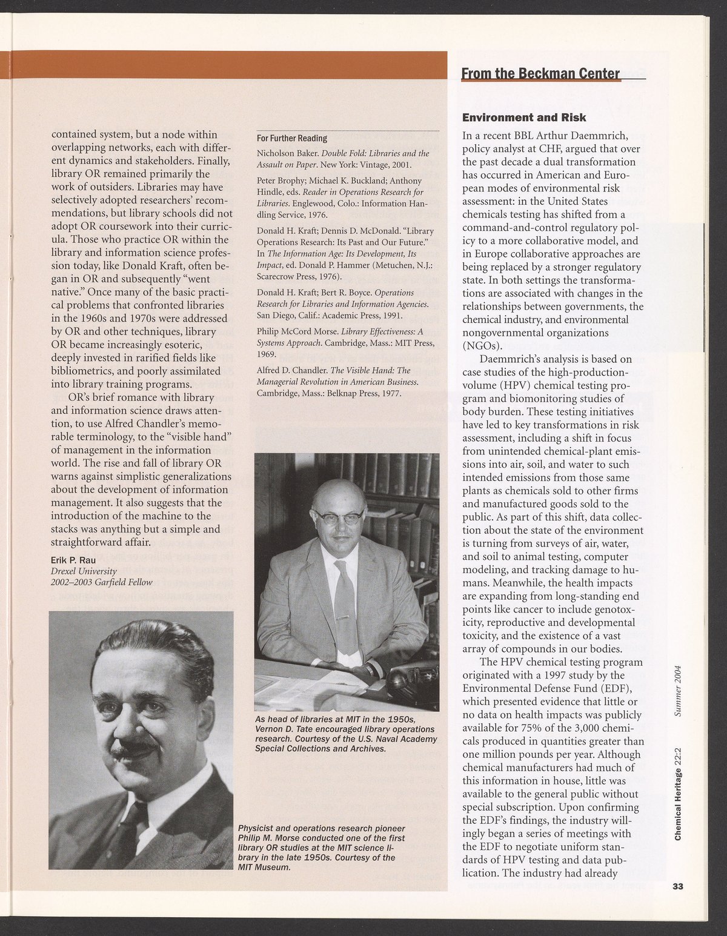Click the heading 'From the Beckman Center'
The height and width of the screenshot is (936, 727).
tap(540, 74)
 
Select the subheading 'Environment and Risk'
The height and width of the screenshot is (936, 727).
tap(524, 117)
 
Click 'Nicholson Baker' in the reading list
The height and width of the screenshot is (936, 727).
tap(283, 153)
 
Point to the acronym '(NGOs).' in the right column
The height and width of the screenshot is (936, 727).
tap(482, 346)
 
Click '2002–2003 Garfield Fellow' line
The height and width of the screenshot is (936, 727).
tap(102, 582)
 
